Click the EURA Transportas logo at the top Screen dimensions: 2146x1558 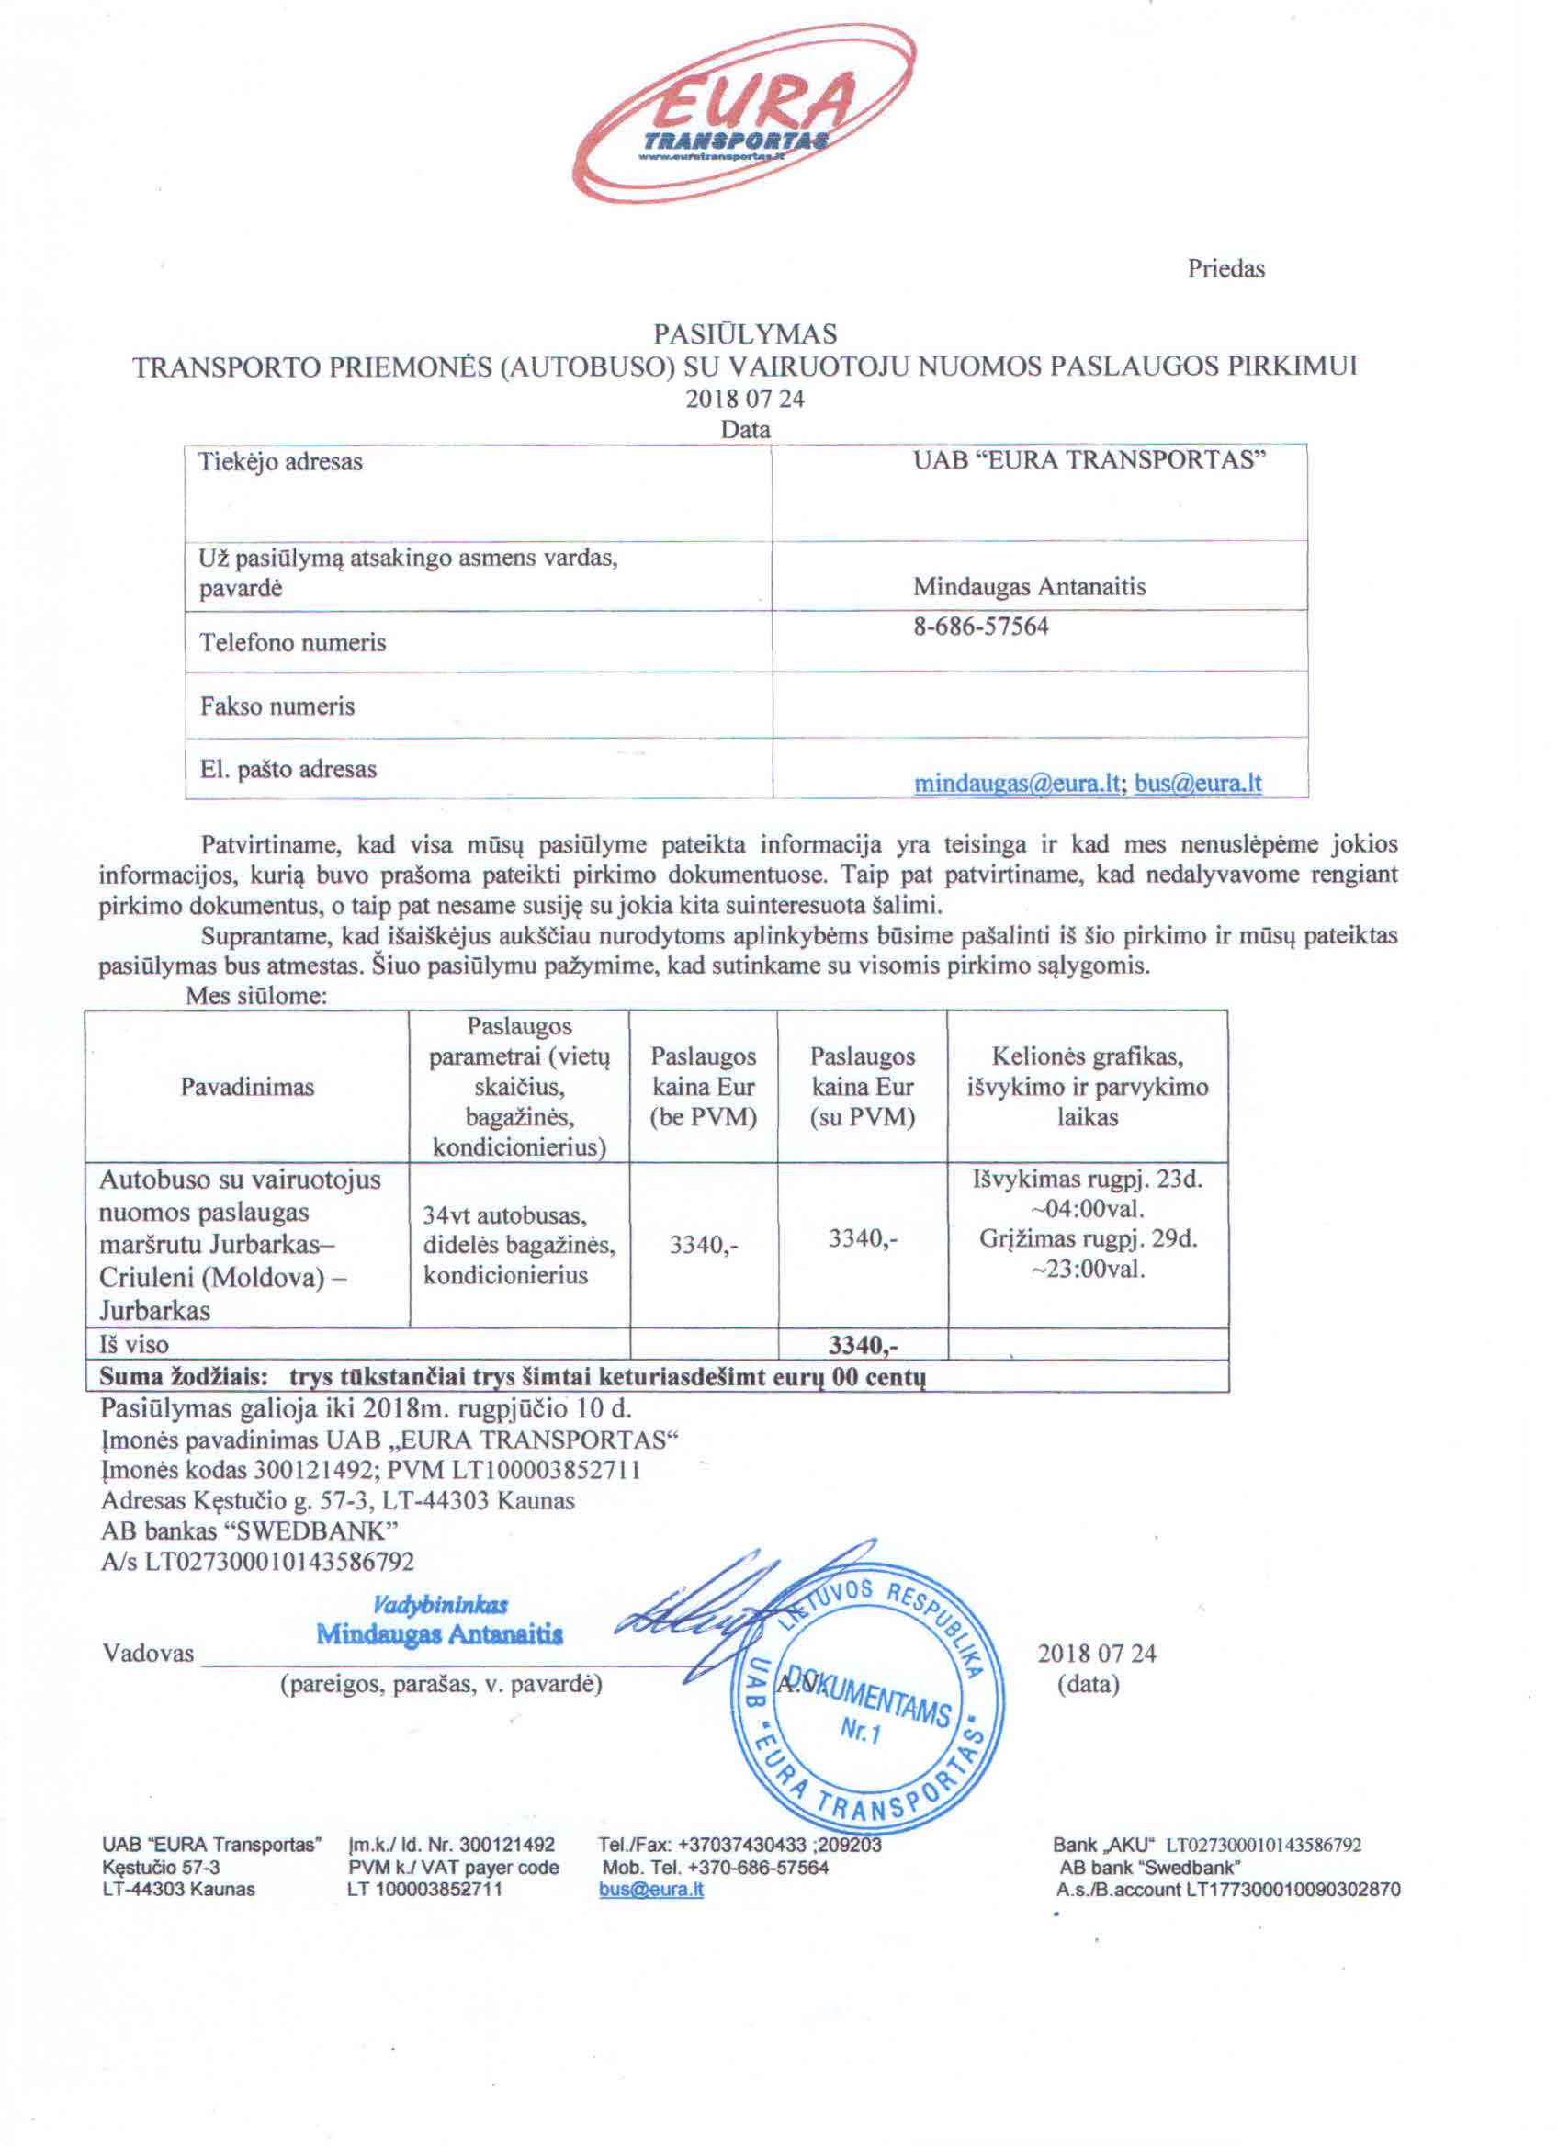[x=744, y=114]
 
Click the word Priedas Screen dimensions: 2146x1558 [x=1225, y=269]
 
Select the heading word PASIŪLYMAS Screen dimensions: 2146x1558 [x=744, y=334]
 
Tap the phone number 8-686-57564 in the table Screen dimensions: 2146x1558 [x=980, y=627]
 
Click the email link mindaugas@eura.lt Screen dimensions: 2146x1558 [x=1017, y=784]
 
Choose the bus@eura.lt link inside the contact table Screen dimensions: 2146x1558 [x=1198, y=784]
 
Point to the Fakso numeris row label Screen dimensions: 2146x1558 [x=277, y=706]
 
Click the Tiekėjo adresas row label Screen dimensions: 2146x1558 [x=280, y=462]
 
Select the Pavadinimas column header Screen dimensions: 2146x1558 [x=247, y=1086]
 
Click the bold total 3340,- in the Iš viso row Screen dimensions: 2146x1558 [x=863, y=1345]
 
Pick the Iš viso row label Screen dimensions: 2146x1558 [x=133, y=1345]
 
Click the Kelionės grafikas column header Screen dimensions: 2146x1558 [x=1087, y=1086]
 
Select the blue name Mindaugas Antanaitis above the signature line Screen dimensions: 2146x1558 [x=440, y=1634]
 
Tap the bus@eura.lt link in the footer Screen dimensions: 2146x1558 [x=650, y=1890]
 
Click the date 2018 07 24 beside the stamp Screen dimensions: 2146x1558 [x=1096, y=1654]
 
